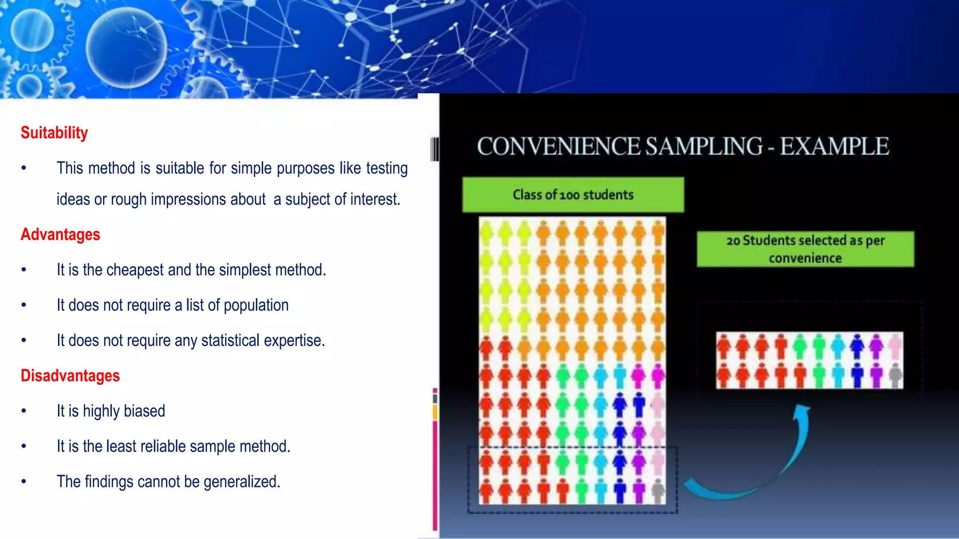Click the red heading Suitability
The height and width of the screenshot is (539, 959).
[54, 133]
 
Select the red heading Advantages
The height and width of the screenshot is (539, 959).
[60, 234]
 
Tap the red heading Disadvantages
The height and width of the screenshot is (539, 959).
[70, 376]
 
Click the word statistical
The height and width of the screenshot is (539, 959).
[230, 341]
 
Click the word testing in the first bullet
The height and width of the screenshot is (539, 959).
[387, 168]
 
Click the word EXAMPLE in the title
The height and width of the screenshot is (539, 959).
[834, 146]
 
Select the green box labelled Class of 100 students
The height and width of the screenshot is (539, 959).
[573, 195]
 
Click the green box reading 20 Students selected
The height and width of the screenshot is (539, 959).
[805, 249]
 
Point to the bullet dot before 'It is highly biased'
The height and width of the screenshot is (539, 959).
[24, 411]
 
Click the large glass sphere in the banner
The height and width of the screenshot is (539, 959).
[126, 47]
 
